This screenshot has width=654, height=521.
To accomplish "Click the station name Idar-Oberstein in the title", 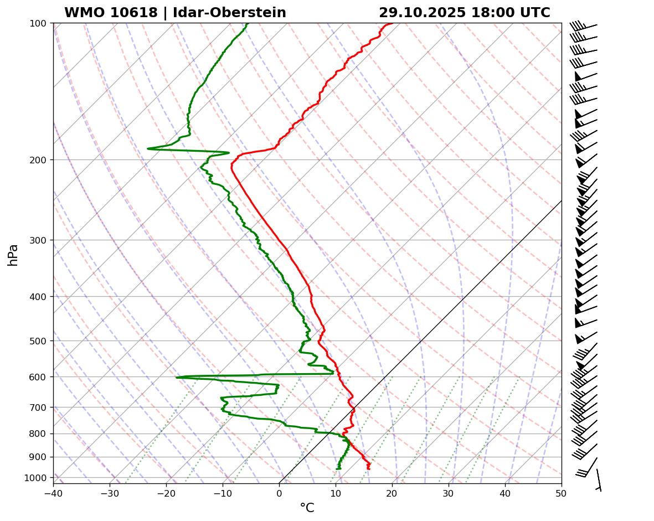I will point(229,13).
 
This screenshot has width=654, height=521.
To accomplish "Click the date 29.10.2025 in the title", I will point(423,13).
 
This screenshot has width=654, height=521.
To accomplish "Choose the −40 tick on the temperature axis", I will point(53,493).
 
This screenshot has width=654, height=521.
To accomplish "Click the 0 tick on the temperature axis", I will point(279,493).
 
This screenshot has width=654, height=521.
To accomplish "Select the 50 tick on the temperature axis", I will point(562,493).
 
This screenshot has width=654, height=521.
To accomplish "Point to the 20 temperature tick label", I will point(392,493).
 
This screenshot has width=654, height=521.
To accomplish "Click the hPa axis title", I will point(13,255).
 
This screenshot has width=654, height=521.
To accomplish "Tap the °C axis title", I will point(307,508).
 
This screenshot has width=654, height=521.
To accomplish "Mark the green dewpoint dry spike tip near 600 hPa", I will point(177,378).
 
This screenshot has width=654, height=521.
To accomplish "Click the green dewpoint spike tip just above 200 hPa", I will point(148,148).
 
